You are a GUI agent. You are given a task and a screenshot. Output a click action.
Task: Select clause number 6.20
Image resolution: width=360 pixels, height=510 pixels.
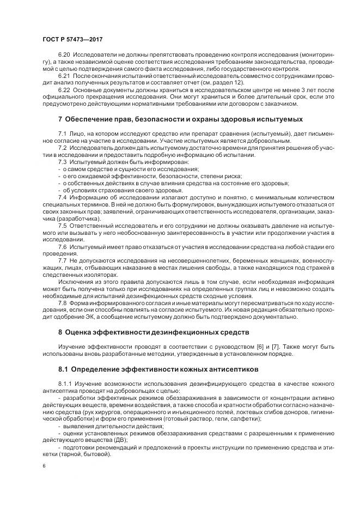(x=64, y=56)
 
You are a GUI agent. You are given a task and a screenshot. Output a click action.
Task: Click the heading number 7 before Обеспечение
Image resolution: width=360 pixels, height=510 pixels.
(x=60, y=119)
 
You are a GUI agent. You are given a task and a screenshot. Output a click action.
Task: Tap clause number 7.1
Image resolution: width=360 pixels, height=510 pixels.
(x=62, y=133)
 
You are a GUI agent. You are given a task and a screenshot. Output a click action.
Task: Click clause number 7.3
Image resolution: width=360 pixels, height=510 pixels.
(x=62, y=162)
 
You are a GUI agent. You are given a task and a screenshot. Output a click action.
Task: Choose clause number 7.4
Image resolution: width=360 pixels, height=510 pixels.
(x=62, y=197)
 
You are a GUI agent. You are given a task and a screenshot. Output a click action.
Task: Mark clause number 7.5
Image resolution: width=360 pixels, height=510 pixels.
(x=62, y=225)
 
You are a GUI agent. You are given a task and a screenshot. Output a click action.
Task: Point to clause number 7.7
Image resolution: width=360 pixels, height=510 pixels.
(x=62, y=260)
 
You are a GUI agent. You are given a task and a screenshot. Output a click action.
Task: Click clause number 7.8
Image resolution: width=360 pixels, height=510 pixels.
(x=62, y=302)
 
